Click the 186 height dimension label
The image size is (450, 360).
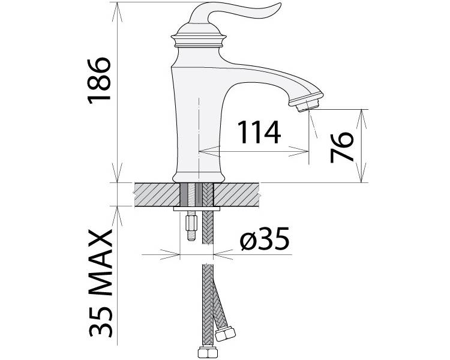coord(99,80)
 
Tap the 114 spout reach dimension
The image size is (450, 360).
coord(259,132)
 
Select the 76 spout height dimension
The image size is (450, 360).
coord(341,147)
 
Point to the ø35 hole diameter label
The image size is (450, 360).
coord(265,239)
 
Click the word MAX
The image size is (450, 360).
coord(100,263)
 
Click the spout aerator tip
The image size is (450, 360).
coord(308,103)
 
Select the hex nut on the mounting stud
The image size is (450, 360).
coord(191,223)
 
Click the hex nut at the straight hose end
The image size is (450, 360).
coord(208,353)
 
